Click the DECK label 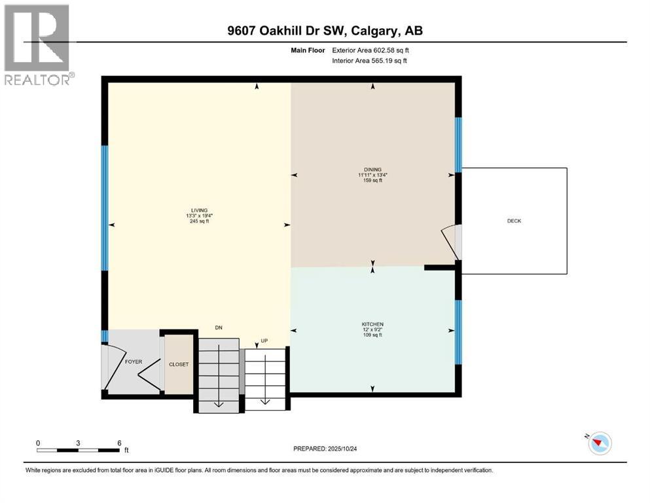(x=514, y=221)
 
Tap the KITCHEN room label (x=372, y=324)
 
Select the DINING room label (x=374, y=169)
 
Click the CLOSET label (x=179, y=364)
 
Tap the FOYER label (x=134, y=361)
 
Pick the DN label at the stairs (x=220, y=327)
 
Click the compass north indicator (x=598, y=443)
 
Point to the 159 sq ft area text (x=374, y=181)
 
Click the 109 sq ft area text (x=372, y=335)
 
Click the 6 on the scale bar (x=118, y=443)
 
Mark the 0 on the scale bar (x=39, y=443)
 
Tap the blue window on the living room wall (x=104, y=208)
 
